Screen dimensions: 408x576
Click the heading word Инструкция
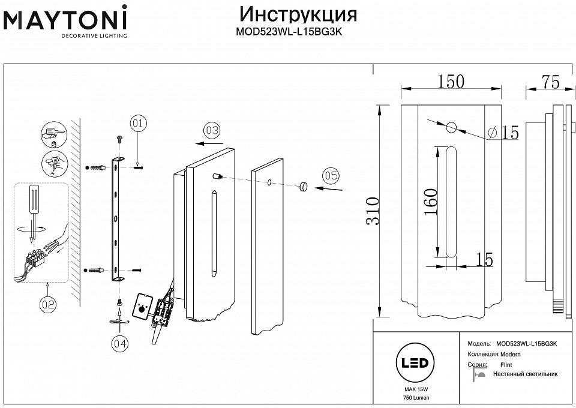point(298,14)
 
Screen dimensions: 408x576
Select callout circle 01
point(137,124)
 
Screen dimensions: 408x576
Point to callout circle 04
point(120,343)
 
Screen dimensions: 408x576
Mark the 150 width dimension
point(450,82)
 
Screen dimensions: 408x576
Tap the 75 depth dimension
point(550,82)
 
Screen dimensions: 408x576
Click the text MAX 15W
point(412,390)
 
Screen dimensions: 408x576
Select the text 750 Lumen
point(412,398)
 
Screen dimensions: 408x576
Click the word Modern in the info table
point(511,355)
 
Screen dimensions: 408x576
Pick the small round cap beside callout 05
point(302,187)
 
